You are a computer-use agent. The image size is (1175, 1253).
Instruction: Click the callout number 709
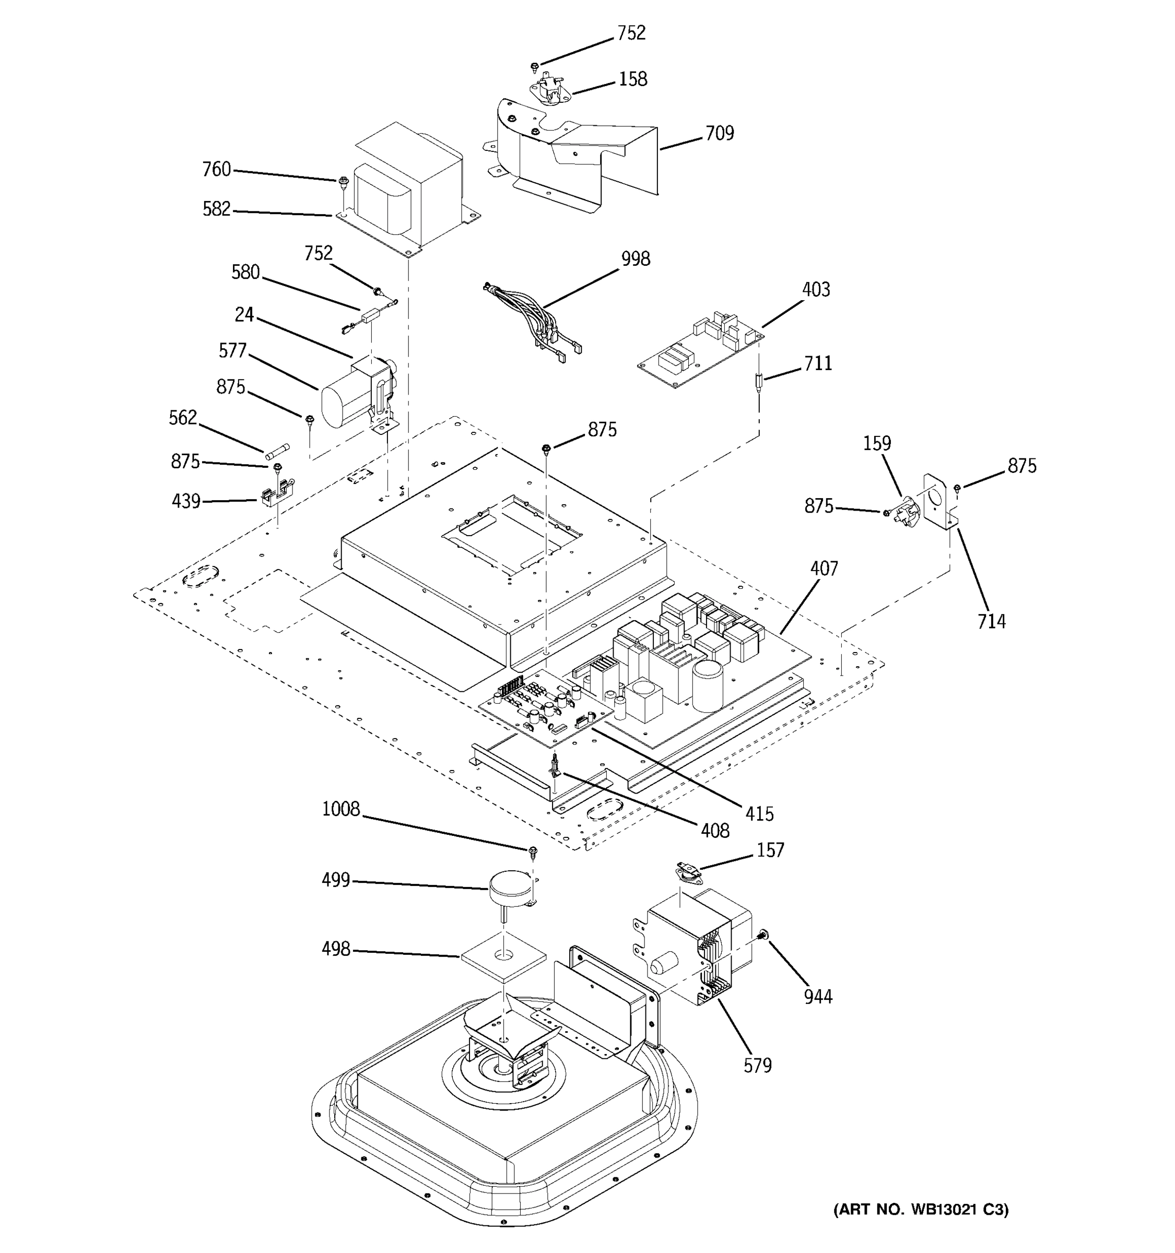pos(719,134)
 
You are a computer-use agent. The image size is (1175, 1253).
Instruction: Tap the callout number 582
pos(216,209)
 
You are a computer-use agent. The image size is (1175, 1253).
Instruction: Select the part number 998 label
pos(635,259)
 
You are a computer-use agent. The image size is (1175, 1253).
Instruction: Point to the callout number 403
pos(816,289)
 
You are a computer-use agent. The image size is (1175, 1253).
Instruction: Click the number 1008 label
pos(340,809)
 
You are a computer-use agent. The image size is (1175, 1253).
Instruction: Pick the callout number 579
pos(757,1066)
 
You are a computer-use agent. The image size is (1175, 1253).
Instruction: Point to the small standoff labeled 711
pos(759,383)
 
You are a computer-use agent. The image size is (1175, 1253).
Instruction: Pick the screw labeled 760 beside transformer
pos(344,182)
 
